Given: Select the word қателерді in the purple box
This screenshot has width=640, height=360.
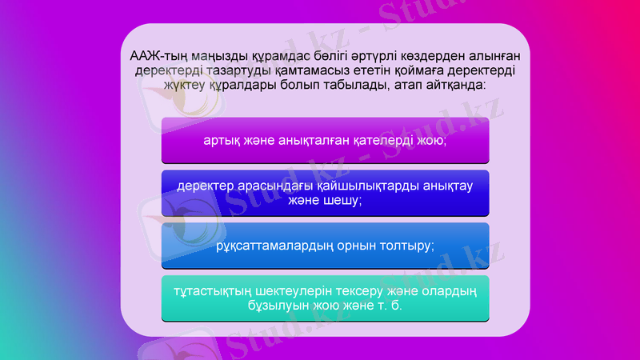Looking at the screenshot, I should tap(373, 140).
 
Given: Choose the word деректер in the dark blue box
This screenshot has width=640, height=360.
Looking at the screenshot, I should tap(205, 186).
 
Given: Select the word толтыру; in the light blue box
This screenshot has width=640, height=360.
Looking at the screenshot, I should tap(407, 246).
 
